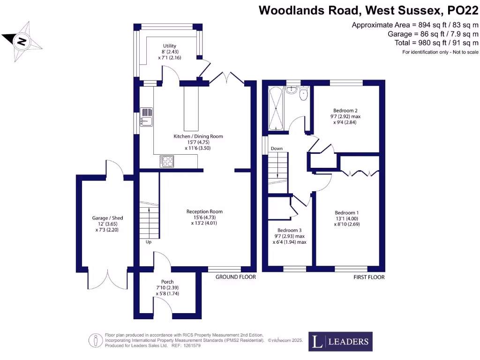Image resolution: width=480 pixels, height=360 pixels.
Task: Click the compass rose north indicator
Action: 22,41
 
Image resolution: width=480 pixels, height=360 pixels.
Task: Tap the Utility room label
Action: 170,46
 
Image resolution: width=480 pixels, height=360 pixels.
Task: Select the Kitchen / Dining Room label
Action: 198,136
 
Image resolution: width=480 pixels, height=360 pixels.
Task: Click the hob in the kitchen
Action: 167,161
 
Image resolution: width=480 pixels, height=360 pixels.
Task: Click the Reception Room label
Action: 204,212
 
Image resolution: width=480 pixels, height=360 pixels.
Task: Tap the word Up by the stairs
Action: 148,242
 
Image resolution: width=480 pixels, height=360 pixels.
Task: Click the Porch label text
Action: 167,282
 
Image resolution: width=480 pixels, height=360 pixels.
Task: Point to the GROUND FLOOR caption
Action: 236,277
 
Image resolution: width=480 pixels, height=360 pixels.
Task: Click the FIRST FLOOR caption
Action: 369,277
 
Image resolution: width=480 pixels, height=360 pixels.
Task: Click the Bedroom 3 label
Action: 289,230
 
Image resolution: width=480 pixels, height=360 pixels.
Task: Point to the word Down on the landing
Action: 276,149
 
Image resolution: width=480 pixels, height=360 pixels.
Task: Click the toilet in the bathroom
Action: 303,94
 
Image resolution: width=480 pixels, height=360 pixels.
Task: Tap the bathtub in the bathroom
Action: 275,108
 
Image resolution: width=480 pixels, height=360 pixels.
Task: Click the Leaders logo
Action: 341,341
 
